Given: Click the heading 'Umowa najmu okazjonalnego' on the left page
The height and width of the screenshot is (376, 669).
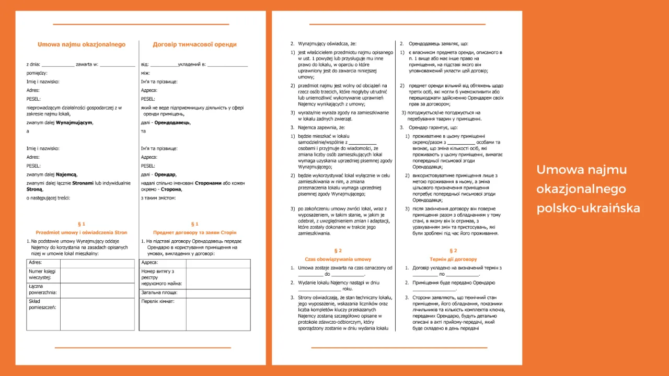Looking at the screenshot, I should (x=82, y=44).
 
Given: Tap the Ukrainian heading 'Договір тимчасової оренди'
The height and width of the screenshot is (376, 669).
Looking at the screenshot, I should (x=194, y=44).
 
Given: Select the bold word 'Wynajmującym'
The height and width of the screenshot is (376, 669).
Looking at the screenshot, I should (x=74, y=122).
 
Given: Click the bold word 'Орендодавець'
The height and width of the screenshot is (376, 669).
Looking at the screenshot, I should (x=171, y=122).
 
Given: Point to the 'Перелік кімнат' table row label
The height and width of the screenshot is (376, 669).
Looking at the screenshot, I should (x=157, y=301).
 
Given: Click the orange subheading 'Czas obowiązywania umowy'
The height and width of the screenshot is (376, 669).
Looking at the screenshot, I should (x=338, y=259).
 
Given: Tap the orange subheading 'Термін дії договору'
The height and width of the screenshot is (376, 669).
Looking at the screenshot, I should (x=453, y=259).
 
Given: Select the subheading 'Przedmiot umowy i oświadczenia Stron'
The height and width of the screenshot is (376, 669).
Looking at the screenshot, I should (x=82, y=232).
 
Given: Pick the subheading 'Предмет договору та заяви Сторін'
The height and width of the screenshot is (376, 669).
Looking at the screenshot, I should (x=194, y=232).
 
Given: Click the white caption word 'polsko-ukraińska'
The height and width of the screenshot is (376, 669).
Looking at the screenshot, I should (x=588, y=208).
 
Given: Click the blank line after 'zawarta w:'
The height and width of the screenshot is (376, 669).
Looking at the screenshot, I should (x=118, y=65).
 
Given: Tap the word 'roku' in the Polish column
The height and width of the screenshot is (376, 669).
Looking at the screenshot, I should (x=348, y=288).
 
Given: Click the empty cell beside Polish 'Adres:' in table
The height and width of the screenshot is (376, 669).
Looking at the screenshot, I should (x=97, y=263).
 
